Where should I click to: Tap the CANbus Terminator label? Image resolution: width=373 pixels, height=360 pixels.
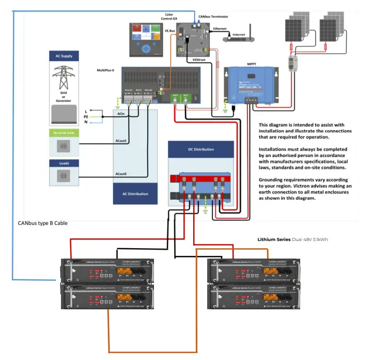213,17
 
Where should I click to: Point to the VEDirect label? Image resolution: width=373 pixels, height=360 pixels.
200,59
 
